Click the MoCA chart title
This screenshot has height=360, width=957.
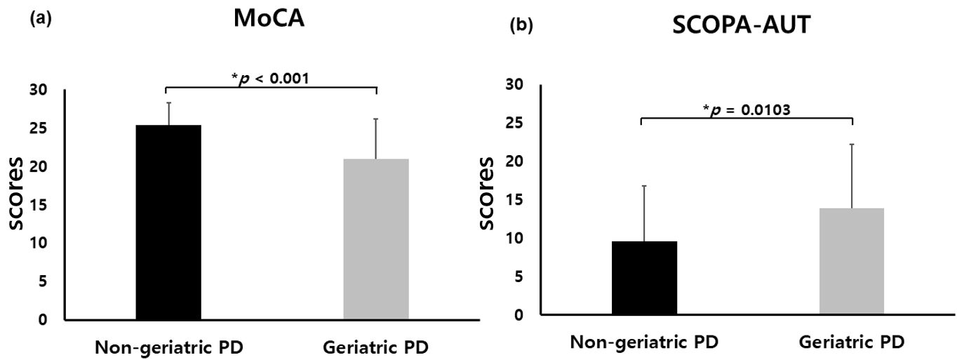pos(269,18)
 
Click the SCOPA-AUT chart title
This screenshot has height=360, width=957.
pos(741,25)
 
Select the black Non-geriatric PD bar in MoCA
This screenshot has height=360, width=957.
pos(168,222)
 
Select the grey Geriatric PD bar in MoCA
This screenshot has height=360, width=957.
pos(376,239)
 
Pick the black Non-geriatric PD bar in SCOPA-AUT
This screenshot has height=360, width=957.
pos(644,278)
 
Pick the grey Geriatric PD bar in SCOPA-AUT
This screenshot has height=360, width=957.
pos(852,261)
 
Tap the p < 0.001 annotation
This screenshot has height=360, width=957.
pos(270,78)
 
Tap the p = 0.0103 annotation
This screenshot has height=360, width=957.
pos(747,109)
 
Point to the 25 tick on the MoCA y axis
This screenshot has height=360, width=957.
pos(39,128)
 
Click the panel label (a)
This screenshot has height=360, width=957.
pos(41,19)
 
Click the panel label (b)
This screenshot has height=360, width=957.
pos(522,26)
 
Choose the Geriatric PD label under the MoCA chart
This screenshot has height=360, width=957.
pos(375,347)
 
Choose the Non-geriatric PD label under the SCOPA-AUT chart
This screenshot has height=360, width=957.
pos(644,342)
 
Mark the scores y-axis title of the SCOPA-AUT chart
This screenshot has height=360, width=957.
pos(486,193)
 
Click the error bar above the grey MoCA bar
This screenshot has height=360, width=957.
pos(376,138)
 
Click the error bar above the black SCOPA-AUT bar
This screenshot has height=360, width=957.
pos(644,213)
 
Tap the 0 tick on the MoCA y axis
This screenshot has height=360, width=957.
pos(43,319)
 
